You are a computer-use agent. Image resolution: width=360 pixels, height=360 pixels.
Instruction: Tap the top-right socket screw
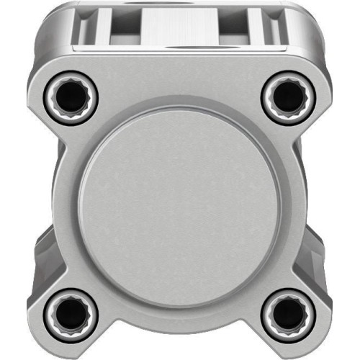(x=287, y=94)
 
